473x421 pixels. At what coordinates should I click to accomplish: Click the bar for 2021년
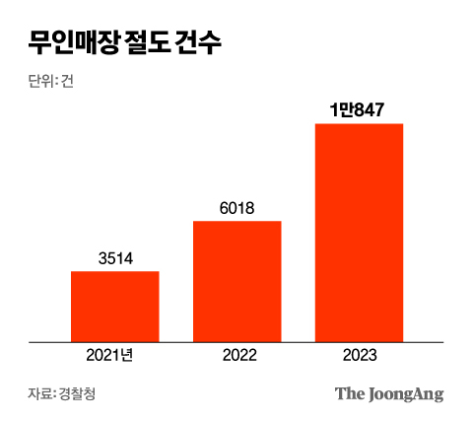click(115, 306)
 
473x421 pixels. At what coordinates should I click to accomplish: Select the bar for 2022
click(237, 281)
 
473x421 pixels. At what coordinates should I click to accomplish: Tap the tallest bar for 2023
click(359, 232)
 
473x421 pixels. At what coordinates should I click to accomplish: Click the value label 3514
click(115, 258)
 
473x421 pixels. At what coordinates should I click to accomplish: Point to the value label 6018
click(237, 208)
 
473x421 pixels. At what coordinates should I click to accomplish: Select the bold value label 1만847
click(359, 110)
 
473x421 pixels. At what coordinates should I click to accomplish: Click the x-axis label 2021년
click(115, 356)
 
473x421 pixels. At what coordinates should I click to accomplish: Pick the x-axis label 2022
click(237, 356)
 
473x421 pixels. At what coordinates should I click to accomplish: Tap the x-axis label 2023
click(359, 356)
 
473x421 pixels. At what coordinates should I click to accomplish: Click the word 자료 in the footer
click(40, 394)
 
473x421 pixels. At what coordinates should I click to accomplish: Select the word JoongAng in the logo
click(405, 394)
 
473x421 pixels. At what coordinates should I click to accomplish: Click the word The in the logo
click(349, 393)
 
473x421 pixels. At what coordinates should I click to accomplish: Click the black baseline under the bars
click(236, 342)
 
